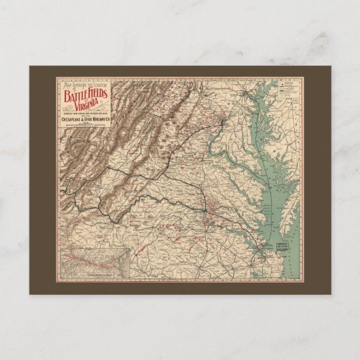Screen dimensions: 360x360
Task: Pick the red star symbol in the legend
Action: pos(284,87)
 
